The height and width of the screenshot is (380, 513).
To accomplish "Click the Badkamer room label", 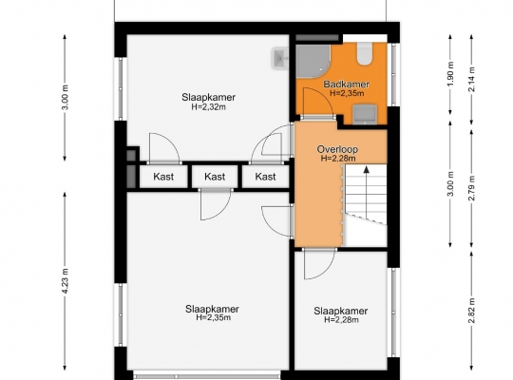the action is (347, 85).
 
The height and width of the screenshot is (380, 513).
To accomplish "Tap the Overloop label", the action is (337, 149).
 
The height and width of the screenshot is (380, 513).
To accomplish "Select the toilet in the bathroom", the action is (365, 54).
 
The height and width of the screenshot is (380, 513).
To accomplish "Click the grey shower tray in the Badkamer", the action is (313, 62).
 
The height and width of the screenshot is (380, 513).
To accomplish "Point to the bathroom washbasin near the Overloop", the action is (365, 114).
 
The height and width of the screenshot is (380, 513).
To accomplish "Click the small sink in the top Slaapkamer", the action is (280, 58).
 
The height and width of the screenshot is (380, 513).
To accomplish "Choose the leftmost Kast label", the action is (163, 177).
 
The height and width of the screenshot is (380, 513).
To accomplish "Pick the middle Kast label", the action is (215, 177).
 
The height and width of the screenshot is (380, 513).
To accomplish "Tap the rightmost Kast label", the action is (265, 177).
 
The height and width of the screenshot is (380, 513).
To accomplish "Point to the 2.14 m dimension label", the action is (471, 79).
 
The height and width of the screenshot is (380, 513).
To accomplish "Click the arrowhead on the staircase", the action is (367, 169).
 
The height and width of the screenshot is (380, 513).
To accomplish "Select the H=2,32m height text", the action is (208, 106).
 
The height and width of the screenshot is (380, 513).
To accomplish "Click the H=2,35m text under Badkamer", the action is (347, 93).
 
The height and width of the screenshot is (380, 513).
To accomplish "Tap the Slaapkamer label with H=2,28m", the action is (341, 311).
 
